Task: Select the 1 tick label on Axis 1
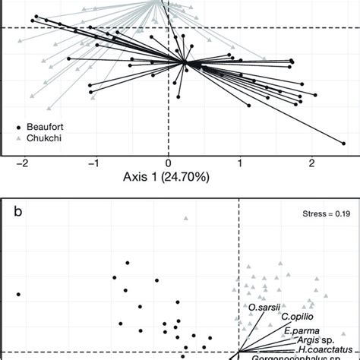(240, 163)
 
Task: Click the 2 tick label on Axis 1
(311, 163)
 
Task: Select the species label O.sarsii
(263, 307)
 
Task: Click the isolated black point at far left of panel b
(17, 294)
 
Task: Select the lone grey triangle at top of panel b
(185, 219)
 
